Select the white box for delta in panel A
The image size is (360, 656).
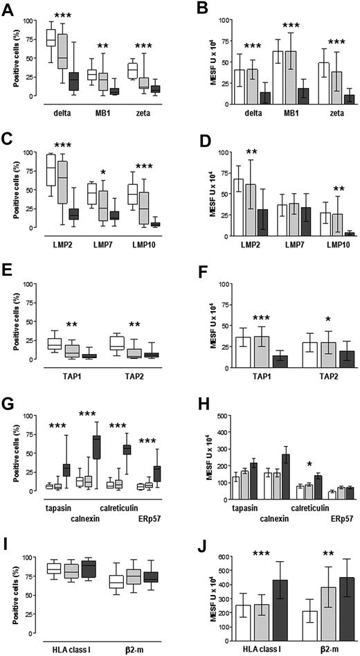click(51, 38)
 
